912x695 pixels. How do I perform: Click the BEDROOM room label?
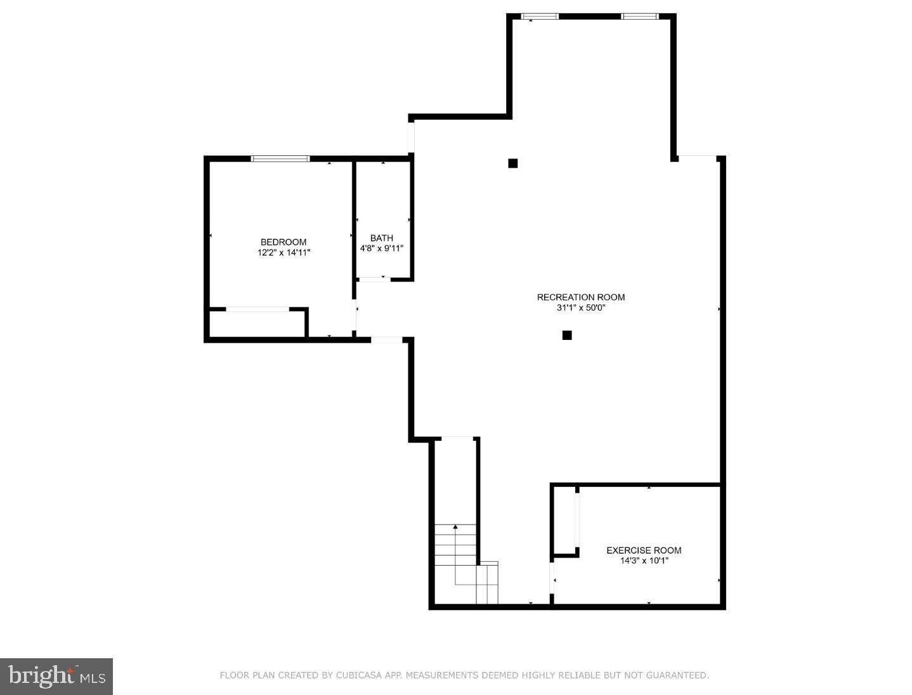click(283, 242)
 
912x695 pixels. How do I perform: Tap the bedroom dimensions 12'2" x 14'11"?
click(283, 252)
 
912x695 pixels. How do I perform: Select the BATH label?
click(381, 238)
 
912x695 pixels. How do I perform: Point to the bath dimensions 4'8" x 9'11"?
click(381, 249)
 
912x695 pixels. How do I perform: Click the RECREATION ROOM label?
click(580, 297)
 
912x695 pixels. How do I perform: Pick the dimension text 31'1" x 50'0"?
click(580, 308)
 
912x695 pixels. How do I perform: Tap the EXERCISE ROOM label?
click(643, 550)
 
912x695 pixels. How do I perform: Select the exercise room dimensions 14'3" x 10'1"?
click(643, 561)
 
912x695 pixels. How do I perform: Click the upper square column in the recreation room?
click(512, 163)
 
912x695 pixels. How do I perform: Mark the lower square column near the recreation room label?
click(567, 335)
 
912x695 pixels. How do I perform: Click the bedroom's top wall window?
click(280, 159)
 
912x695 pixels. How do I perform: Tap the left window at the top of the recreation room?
click(539, 16)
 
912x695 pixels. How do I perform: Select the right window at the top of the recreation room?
click(639, 16)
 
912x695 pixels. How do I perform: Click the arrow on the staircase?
click(455, 527)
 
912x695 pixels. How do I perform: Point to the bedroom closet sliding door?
click(257, 309)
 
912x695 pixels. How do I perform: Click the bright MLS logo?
click(56, 676)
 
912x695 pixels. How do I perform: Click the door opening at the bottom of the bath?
click(374, 279)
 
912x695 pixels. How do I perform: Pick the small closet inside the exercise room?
click(564, 520)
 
